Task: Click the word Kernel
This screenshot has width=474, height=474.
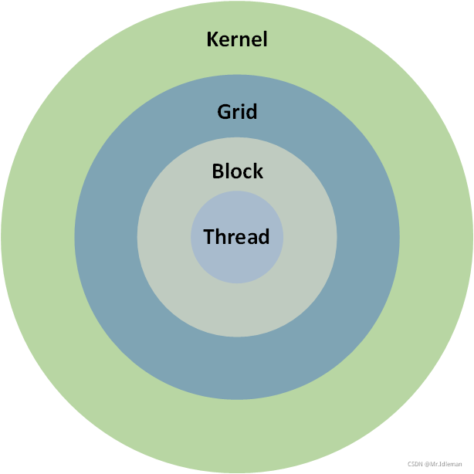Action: point(237,39)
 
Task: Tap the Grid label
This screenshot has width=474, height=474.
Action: point(237,112)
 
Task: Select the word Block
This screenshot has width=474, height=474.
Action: point(237,171)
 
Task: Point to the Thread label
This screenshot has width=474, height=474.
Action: point(236,237)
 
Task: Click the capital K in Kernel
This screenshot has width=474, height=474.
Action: point(213,39)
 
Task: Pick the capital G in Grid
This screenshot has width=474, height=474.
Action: point(224,112)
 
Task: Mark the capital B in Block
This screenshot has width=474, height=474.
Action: point(218,171)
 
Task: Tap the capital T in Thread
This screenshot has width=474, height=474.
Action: point(208,237)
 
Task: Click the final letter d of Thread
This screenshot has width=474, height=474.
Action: point(264,237)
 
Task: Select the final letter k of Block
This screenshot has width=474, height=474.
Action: point(259,171)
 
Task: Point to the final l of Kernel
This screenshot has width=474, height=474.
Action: point(265,39)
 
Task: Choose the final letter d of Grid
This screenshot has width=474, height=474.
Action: point(252,112)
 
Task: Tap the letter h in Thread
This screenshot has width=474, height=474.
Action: point(219,237)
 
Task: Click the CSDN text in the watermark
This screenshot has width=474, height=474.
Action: point(415,464)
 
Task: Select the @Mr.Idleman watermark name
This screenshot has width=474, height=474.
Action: point(445,464)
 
